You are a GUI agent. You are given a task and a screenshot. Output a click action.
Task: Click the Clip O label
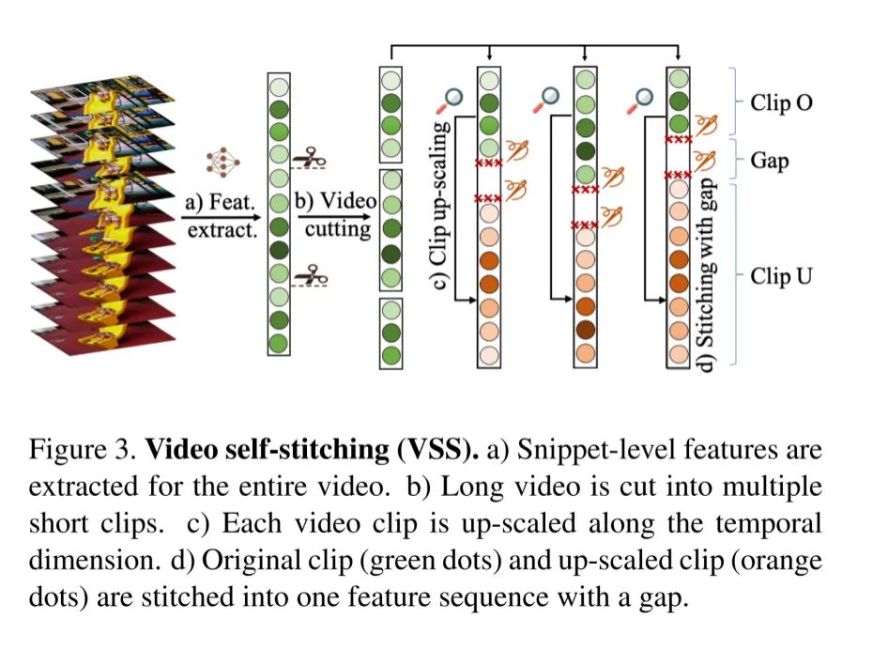(x=781, y=102)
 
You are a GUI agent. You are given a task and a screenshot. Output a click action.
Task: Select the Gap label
(x=770, y=161)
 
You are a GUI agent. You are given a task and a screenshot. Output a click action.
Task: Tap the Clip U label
(x=781, y=276)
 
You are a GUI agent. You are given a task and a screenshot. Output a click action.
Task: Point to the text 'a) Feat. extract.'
(x=219, y=215)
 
